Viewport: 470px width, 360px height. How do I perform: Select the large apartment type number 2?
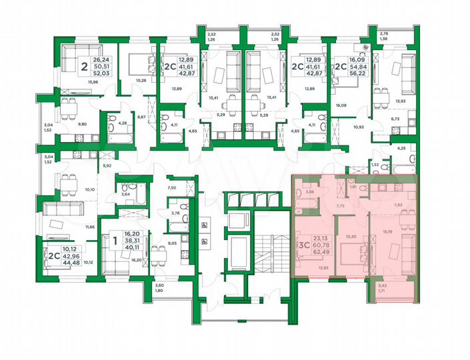point(84,65)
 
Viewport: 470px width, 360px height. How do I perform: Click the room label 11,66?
point(89,227)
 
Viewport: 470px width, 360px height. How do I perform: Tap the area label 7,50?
point(172,188)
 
